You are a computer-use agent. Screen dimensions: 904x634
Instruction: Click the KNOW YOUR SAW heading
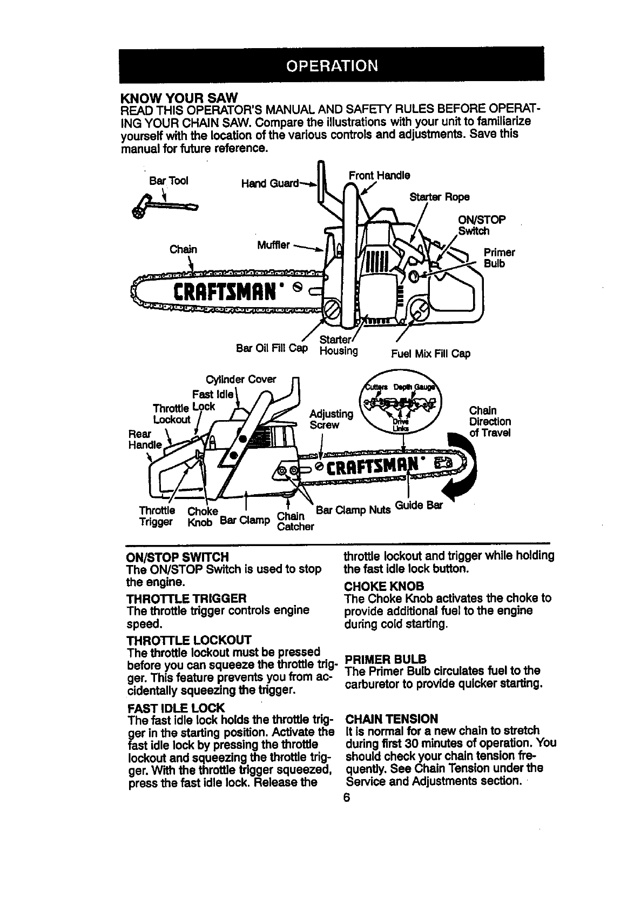click(178, 97)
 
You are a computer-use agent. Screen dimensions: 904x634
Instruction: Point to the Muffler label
click(273, 245)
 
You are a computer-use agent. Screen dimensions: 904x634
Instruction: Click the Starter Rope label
click(440, 196)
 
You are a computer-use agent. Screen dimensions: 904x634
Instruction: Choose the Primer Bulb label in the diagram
click(499, 258)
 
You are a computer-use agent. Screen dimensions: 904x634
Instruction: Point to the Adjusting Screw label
click(331, 420)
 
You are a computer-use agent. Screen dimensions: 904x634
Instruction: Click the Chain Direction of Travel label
click(489, 422)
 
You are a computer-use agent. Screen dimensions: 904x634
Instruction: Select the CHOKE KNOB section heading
click(384, 586)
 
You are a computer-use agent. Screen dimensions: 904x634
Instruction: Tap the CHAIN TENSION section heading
click(392, 719)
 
